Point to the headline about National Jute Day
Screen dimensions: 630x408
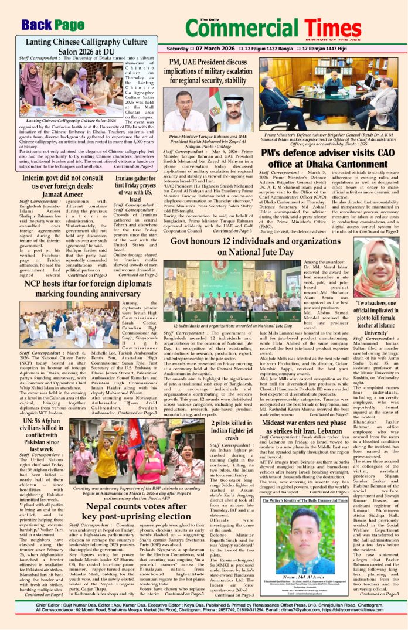pos(257,246)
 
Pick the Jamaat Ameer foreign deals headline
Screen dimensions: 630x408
pos(64,186)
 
